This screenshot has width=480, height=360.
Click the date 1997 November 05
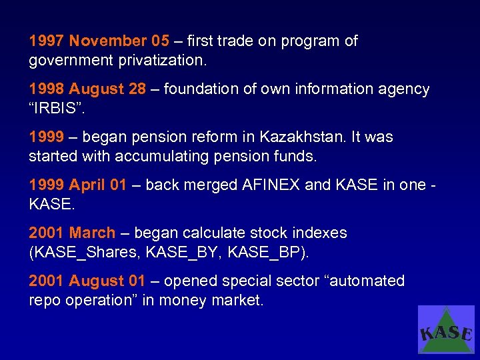pos(99,41)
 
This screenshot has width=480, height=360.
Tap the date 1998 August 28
pos(87,89)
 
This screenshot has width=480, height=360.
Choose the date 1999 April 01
pos(77,185)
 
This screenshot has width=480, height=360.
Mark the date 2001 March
pos(72,233)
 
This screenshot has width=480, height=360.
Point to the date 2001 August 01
pos(87,281)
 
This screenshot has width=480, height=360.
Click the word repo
pos(44,301)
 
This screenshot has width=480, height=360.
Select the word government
pos(71,61)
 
